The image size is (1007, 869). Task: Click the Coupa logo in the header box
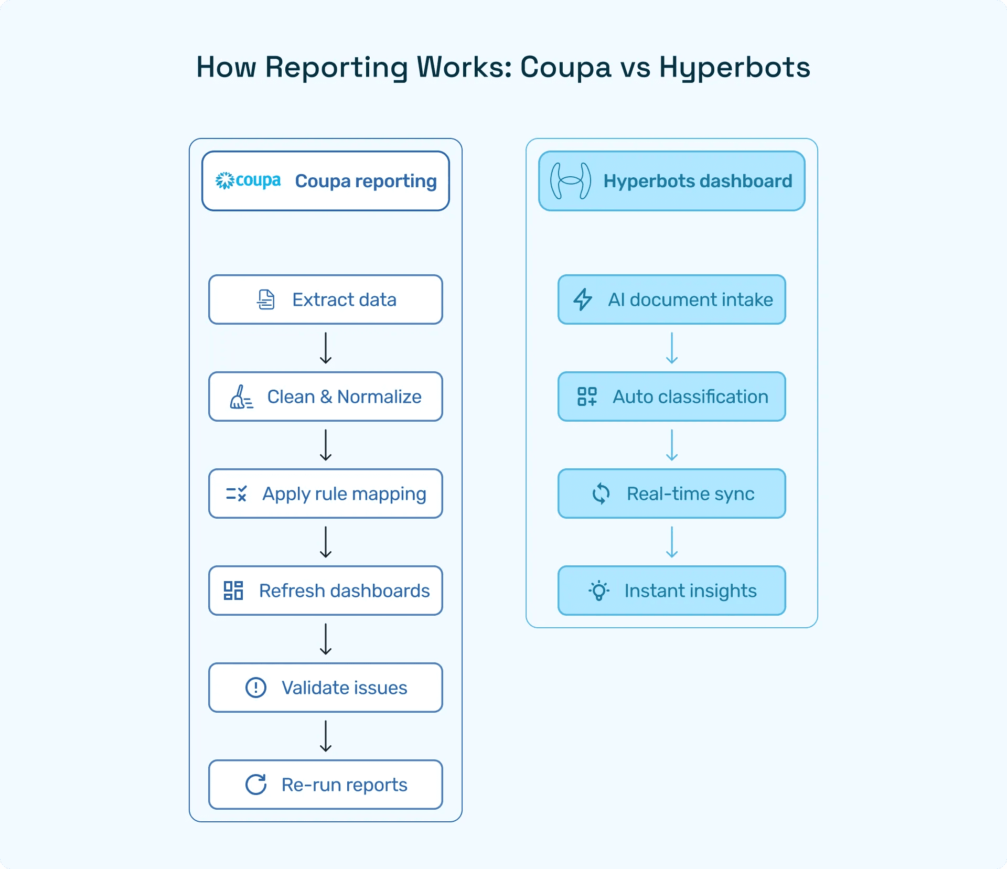[x=248, y=180]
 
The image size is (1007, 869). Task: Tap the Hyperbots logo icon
[x=570, y=181]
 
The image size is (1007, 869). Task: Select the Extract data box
[x=325, y=299]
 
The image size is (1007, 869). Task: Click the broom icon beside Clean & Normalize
[x=241, y=397]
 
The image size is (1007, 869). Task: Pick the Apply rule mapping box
[x=325, y=493]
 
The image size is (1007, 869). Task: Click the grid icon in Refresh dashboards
[x=233, y=591]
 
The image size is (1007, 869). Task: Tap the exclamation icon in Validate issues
[x=256, y=688]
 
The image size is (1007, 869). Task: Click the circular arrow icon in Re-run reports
[x=256, y=785]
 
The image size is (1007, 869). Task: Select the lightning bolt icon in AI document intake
[x=582, y=299]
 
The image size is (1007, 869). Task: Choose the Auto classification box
[x=671, y=396]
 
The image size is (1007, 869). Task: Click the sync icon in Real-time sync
[x=601, y=493]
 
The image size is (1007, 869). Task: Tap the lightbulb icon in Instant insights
[x=599, y=591]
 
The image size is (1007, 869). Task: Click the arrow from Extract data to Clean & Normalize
[x=326, y=348]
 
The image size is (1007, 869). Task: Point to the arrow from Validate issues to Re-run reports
[x=326, y=736]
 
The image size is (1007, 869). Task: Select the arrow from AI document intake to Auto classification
[x=672, y=348]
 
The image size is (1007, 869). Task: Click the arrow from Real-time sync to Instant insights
[x=672, y=542]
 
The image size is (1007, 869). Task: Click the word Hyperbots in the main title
[x=734, y=68]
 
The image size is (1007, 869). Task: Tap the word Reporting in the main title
[x=336, y=68]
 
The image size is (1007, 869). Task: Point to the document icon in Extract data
[x=266, y=299]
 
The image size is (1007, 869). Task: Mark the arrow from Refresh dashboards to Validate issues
[x=326, y=639]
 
